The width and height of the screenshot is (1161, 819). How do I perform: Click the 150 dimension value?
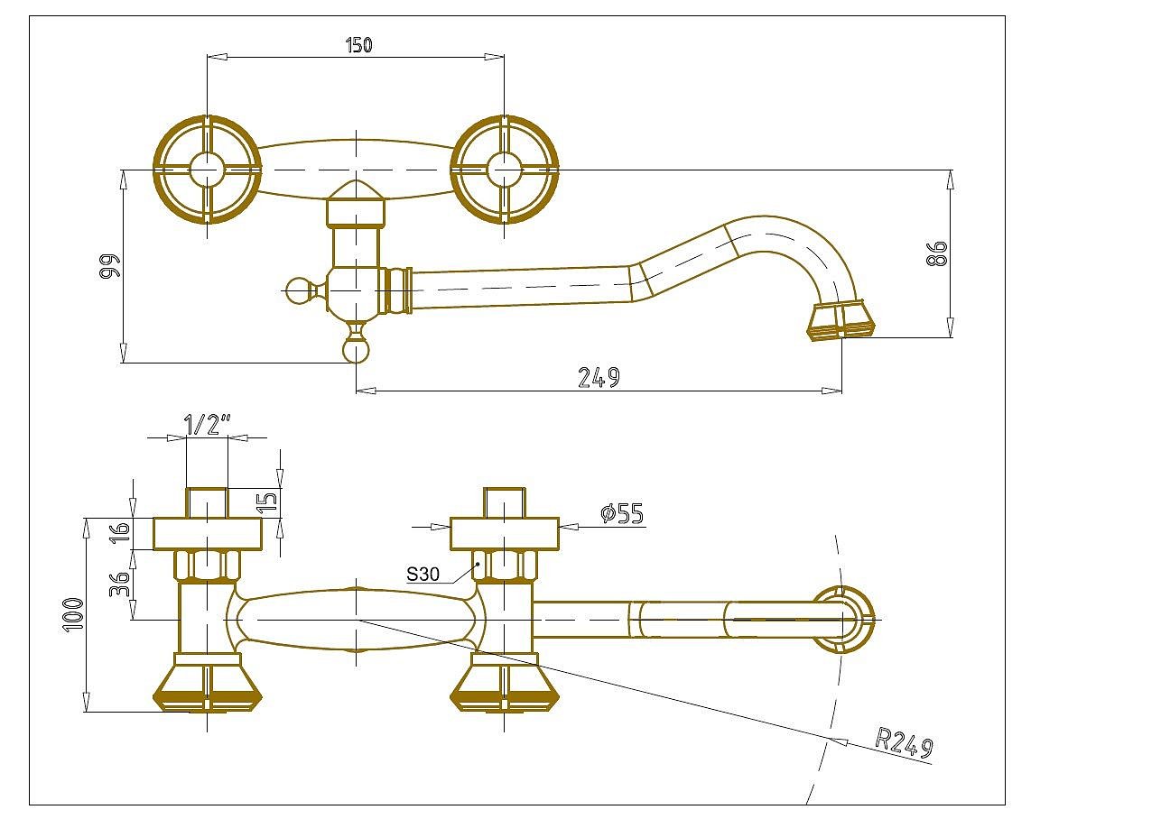click(x=358, y=45)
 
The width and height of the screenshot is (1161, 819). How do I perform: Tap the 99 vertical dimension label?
click(x=110, y=266)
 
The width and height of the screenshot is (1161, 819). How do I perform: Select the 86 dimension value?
click(x=936, y=253)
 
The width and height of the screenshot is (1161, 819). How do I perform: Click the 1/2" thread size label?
click(x=208, y=425)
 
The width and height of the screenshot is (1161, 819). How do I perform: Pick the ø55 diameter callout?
click(x=622, y=513)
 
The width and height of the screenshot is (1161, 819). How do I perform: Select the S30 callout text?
click(x=423, y=575)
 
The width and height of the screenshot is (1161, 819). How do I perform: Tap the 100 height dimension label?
click(x=73, y=614)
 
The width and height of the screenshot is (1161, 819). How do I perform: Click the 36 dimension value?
click(x=120, y=584)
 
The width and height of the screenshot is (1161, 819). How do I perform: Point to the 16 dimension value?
click(x=120, y=532)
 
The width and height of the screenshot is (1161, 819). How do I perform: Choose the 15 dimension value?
click(x=268, y=502)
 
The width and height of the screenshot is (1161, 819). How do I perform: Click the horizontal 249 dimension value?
click(x=599, y=377)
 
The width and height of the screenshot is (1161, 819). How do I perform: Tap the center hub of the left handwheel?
click(x=208, y=170)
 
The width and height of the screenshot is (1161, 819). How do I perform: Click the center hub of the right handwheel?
click(x=505, y=170)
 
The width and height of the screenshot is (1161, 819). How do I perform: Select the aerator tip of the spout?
click(x=841, y=320)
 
